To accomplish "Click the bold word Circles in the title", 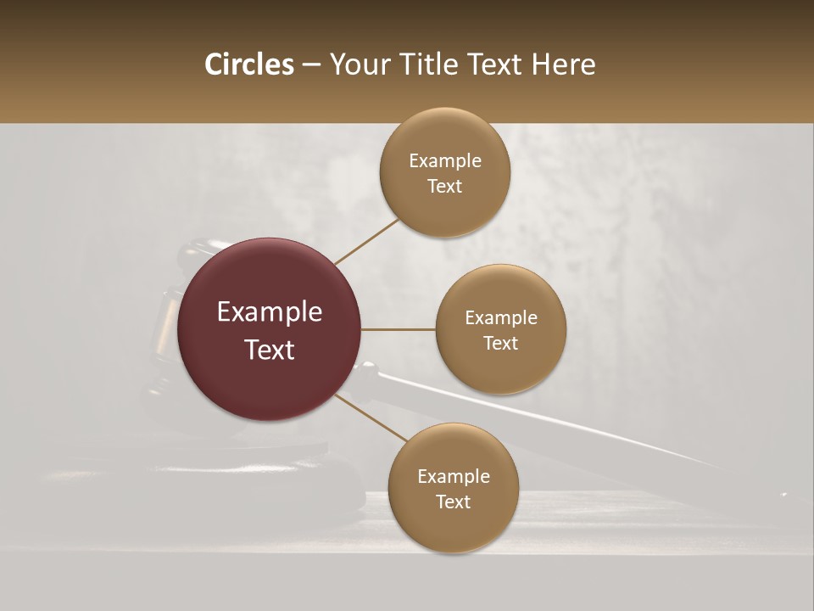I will click(249, 64).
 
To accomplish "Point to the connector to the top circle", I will click(366, 241).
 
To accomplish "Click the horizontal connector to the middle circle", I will click(398, 329).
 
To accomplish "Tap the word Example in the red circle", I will click(270, 312).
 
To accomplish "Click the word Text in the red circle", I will click(270, 350).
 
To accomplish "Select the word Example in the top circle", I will click(445, 160).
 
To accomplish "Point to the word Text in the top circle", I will click(445, 186).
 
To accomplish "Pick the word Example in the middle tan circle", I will click(501, 317).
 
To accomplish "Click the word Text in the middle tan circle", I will click(501, 343).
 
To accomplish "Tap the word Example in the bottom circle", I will click(454, 476).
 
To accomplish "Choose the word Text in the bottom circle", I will click(454, 502).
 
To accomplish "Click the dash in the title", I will click(311, 65).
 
